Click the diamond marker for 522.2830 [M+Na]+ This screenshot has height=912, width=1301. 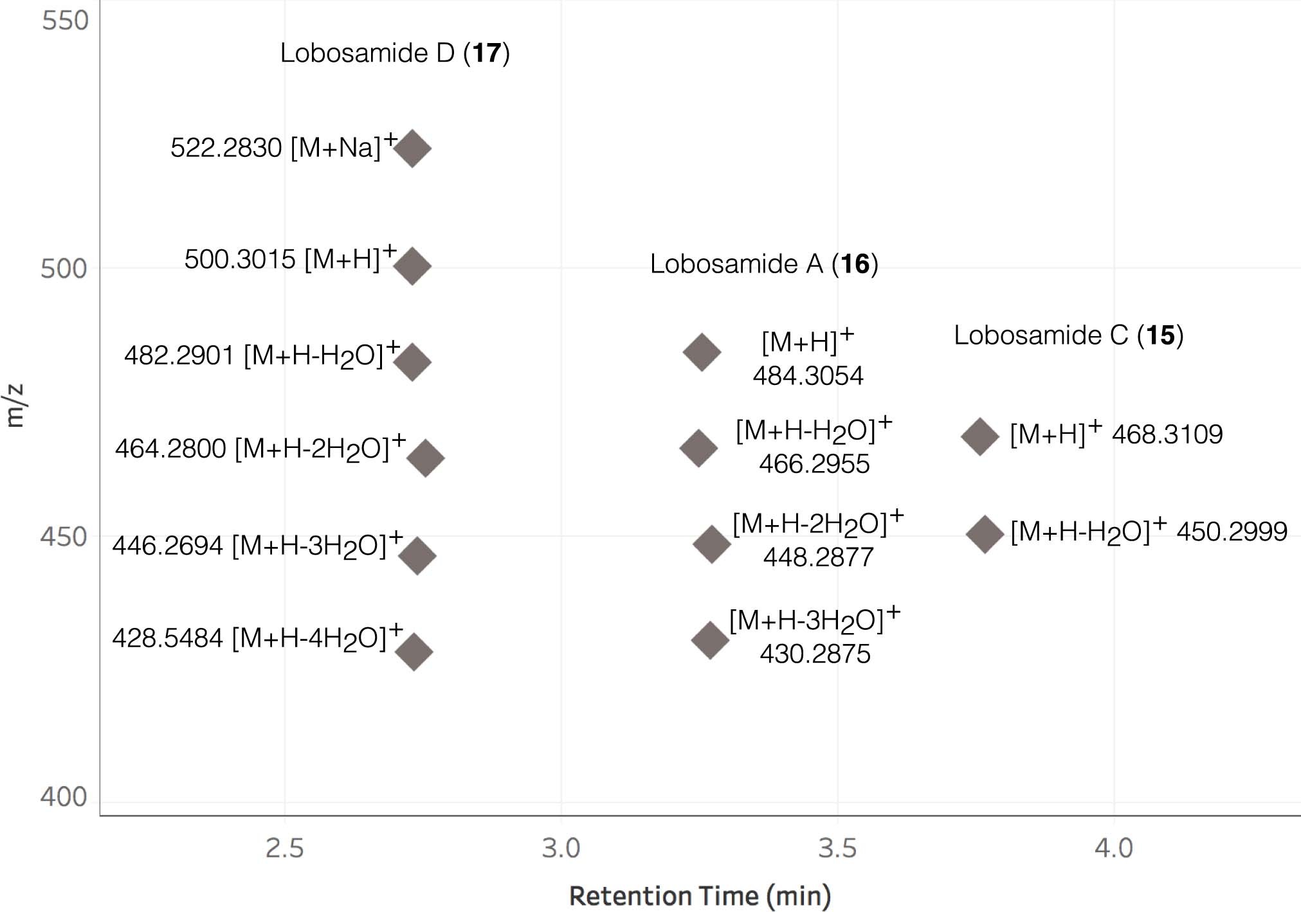412,148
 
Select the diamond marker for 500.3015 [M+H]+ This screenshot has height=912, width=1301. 412,266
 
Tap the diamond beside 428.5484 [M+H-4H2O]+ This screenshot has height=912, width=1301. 414,652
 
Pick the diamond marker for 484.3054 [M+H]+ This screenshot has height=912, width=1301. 702,352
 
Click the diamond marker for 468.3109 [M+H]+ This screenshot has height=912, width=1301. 980,437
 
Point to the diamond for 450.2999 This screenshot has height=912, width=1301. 985,533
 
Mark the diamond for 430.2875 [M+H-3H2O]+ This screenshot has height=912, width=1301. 710,640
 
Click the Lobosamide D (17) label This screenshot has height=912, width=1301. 395,53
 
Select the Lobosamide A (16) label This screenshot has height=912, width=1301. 764,264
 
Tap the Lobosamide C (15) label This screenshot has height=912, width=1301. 1068,335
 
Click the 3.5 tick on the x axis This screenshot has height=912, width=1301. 837,848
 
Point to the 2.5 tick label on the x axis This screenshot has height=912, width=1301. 284,848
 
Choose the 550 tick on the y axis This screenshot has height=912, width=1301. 65,21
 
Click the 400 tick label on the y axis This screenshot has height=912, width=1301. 64,797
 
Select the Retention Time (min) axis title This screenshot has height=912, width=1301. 700,895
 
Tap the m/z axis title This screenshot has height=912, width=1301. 15,406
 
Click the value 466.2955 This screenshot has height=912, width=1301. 814,464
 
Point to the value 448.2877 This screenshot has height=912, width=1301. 818,557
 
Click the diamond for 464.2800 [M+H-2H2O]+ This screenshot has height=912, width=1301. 426,458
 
